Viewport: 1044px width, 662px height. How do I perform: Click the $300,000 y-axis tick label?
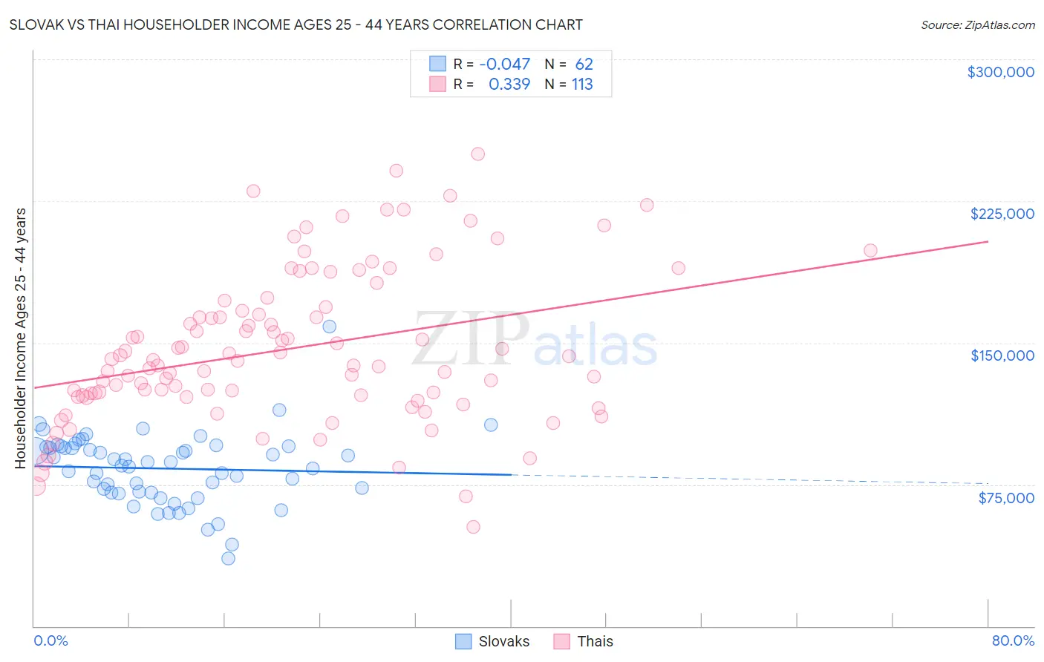click(x=1000, y=72)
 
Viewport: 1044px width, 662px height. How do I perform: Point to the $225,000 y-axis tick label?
click(x=1002, y=214)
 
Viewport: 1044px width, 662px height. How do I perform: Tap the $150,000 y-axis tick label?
click(x=1002, y=355)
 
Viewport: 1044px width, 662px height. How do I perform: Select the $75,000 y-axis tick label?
click(x=1005, y=498)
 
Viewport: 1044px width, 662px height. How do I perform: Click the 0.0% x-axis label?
click(x=50, y=640)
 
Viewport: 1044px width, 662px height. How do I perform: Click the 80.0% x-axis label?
click(x=1013, y=640)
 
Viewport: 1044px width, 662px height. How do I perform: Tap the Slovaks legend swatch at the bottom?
click(x=463, y=641)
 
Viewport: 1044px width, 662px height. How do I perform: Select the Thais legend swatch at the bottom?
click(x=562, y=641)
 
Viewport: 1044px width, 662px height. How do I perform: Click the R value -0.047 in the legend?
click(x=505, y=65)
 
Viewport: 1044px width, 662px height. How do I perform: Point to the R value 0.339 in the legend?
click(x=509, y=85)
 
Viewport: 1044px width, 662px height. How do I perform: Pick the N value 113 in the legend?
click(x=582, y=85)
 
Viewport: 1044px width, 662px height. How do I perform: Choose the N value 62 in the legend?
click(x=584, y=65)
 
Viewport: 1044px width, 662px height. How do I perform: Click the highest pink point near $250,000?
click(x=478, y=154)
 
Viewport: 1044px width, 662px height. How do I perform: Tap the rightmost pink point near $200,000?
click(x=870, y=251)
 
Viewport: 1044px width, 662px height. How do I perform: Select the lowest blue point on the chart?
click(x=229, y=558)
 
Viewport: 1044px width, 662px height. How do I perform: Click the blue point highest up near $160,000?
click(x=330, y=327)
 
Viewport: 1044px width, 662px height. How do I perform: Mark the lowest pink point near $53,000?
click(x=473, y=527)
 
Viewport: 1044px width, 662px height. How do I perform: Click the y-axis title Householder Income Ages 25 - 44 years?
click(x=21, y=338)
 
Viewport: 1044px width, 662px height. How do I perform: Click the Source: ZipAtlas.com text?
click(x=977, y=25)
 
